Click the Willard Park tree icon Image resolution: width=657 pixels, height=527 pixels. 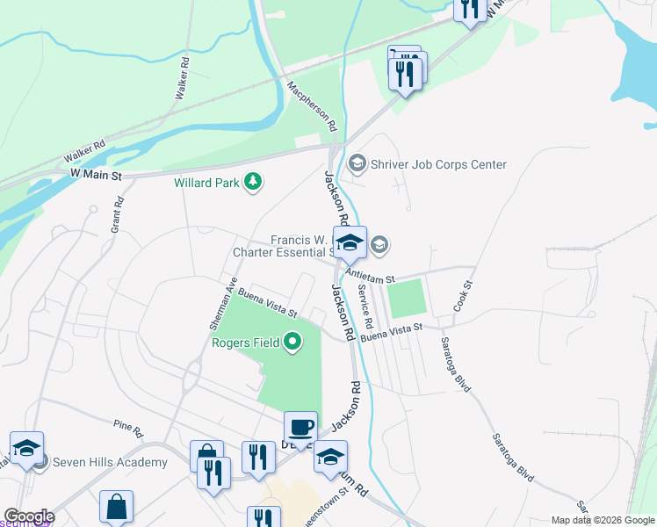pos(254,182)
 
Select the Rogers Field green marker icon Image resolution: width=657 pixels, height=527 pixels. pos(293,342)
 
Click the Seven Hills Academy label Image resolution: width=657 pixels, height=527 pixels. pos(110,462)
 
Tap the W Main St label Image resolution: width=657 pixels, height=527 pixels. pos(95,177)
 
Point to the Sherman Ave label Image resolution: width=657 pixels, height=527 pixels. pos(223,304)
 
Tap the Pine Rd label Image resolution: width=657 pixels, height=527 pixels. pos(128,428)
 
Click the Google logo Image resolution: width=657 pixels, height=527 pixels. pos(28,516)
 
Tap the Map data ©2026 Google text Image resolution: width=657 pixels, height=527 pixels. pos(603,520)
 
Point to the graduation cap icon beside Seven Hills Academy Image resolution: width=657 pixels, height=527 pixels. pos(26,448)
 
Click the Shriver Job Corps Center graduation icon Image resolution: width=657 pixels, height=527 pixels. pos(357,163)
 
